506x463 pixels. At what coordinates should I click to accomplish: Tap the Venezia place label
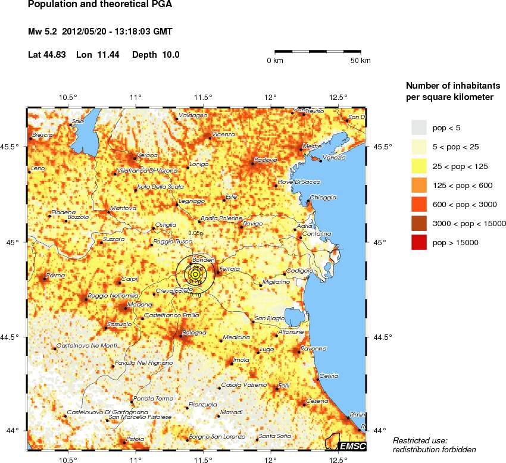tap(333, 158)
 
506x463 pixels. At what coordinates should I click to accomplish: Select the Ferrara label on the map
tap(229, 270)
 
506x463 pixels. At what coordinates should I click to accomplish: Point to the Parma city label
tap(55, 275)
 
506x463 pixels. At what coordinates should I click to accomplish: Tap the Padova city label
tap(266, 159)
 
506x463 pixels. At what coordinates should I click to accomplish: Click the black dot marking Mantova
tap(108, 211)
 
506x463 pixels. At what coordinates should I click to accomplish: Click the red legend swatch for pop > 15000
tap(420, 243)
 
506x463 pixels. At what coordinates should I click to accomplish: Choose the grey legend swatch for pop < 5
tap(420, 127)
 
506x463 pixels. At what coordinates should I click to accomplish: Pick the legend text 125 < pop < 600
tap(462, 185)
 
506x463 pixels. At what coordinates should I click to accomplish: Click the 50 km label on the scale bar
tap(360, 61)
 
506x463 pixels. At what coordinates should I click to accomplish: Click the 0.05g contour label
tap(195, 233)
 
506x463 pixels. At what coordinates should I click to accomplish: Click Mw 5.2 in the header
tap(45, 31)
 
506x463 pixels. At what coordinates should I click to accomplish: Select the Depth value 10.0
tap(170, 55)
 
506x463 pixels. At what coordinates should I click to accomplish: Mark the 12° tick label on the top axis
tap(271, 97)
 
